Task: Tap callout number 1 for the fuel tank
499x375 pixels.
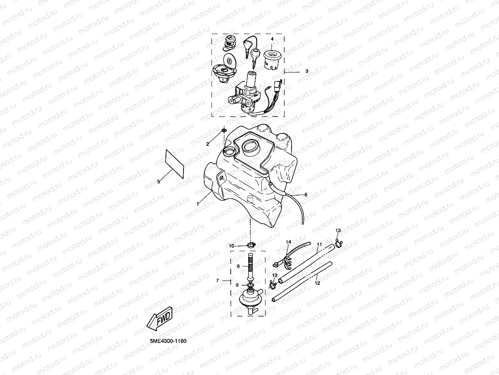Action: pyautogui.click(x=198, y=204)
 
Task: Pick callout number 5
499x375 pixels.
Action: pyautogui.click(x=158, y=181)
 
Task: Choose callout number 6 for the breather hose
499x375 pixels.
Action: pyautogui.click(x=306, y=195)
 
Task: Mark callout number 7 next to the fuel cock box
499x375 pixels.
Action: pyautogui.click(x=218, y=280)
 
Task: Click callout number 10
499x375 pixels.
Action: pyautogui.click(x=232, y=246)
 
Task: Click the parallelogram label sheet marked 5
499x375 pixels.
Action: pyautogui.click(x=174, y=163)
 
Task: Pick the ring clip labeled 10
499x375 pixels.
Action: pyautogui.click(x=251, y=245)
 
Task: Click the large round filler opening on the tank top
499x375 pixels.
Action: pyautogui.click(x=251, y=147)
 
